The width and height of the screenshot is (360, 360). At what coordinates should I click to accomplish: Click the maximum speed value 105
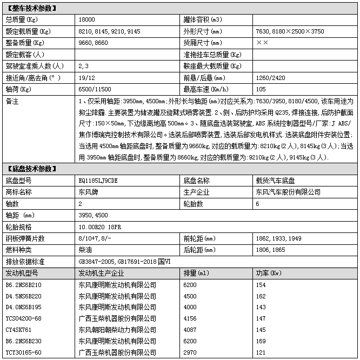[x=261, y=89]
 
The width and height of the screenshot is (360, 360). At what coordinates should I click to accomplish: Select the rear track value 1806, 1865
[x=271, y=250]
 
